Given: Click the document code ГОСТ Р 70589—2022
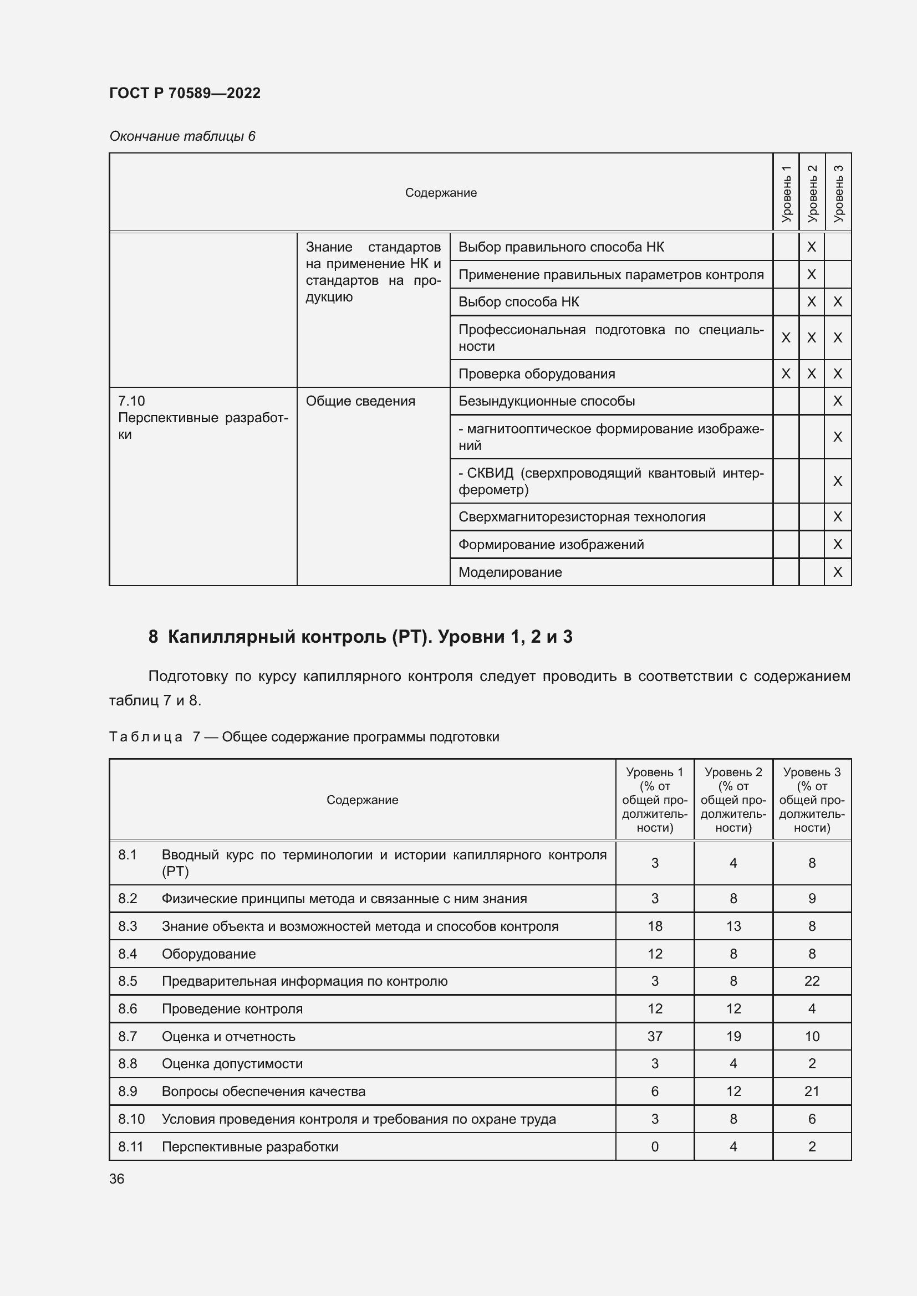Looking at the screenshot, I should point(185,93).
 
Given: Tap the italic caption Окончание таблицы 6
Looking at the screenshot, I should point(182,136).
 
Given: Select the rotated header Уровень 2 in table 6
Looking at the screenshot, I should point(812,192).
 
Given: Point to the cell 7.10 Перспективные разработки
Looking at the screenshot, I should point(202,418).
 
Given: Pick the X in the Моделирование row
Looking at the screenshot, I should point(837,572).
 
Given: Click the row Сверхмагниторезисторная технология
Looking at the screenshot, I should point(582,516).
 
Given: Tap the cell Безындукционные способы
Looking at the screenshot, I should point(546,401).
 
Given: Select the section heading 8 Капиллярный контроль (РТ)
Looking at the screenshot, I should point(360,637).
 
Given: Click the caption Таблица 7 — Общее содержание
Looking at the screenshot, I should point(304,736).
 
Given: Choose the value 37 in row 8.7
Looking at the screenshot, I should point(654,1036).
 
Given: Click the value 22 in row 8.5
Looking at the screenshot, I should point(812,981).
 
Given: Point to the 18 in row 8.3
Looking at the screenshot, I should point(654,926).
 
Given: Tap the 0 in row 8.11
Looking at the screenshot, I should point(654,1146).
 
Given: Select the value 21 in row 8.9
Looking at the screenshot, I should point(812,1091).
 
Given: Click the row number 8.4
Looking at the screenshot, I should point(128,954).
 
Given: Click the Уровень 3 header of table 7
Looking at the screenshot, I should point(812,800).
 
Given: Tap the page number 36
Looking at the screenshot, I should point(117,1179).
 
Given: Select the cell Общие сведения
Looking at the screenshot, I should point(360,401).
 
